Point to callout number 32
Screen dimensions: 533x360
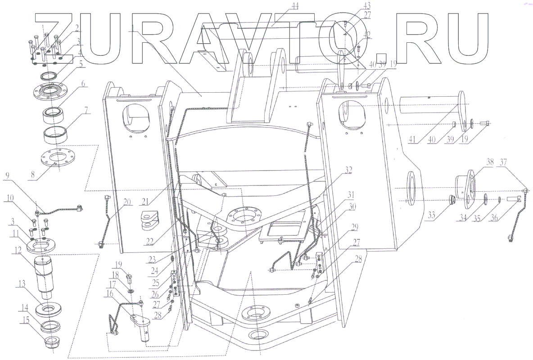tap(348, 169)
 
